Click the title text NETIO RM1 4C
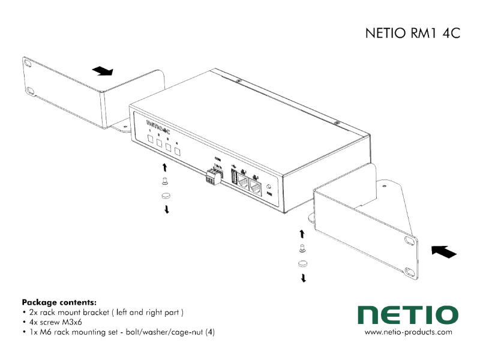click(x=412, y=34)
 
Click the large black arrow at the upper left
click(x=103, y=71)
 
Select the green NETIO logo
click(x=407, y=314)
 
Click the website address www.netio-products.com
click(x=408, y=332)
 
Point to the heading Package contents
click(x=59, y=302)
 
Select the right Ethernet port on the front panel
click(x=257, y=188)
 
